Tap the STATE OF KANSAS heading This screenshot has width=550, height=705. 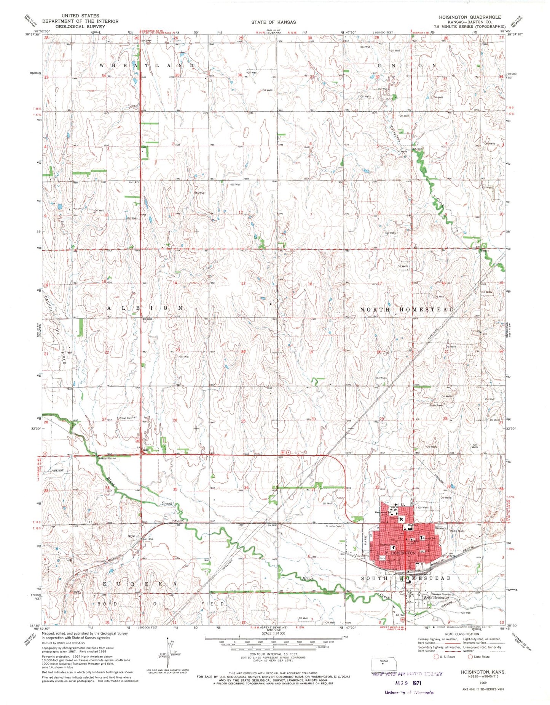point(273,22)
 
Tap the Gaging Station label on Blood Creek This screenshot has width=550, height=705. point(107,458)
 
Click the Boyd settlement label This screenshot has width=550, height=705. point(131,536)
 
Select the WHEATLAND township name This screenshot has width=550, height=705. point(147,66)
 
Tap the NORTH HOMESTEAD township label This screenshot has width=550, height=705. point(407,309)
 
